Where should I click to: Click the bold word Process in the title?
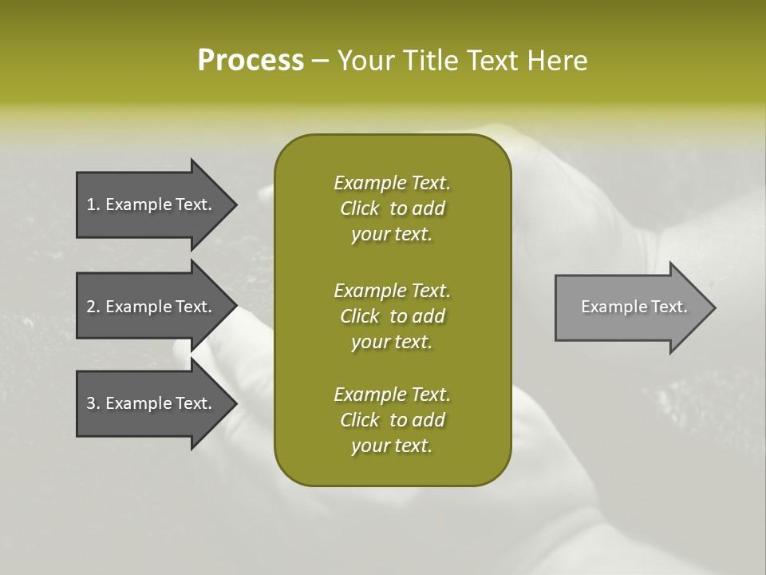click(x=251, y=61)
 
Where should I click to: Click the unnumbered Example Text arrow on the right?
click(x=630, y=307)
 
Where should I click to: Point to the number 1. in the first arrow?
click(x=93, y=204)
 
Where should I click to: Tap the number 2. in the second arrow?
click(x=93, y=307)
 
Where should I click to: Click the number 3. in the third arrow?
click(x=93, y=403)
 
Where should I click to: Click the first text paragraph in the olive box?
click(x=392, y=208)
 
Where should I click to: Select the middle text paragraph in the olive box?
click(x=392, y=316)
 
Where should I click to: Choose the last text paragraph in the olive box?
click(x=392, y=420)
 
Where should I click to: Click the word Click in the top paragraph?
click(x=360, y=208)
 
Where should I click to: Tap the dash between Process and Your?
click(x=321, y=61)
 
